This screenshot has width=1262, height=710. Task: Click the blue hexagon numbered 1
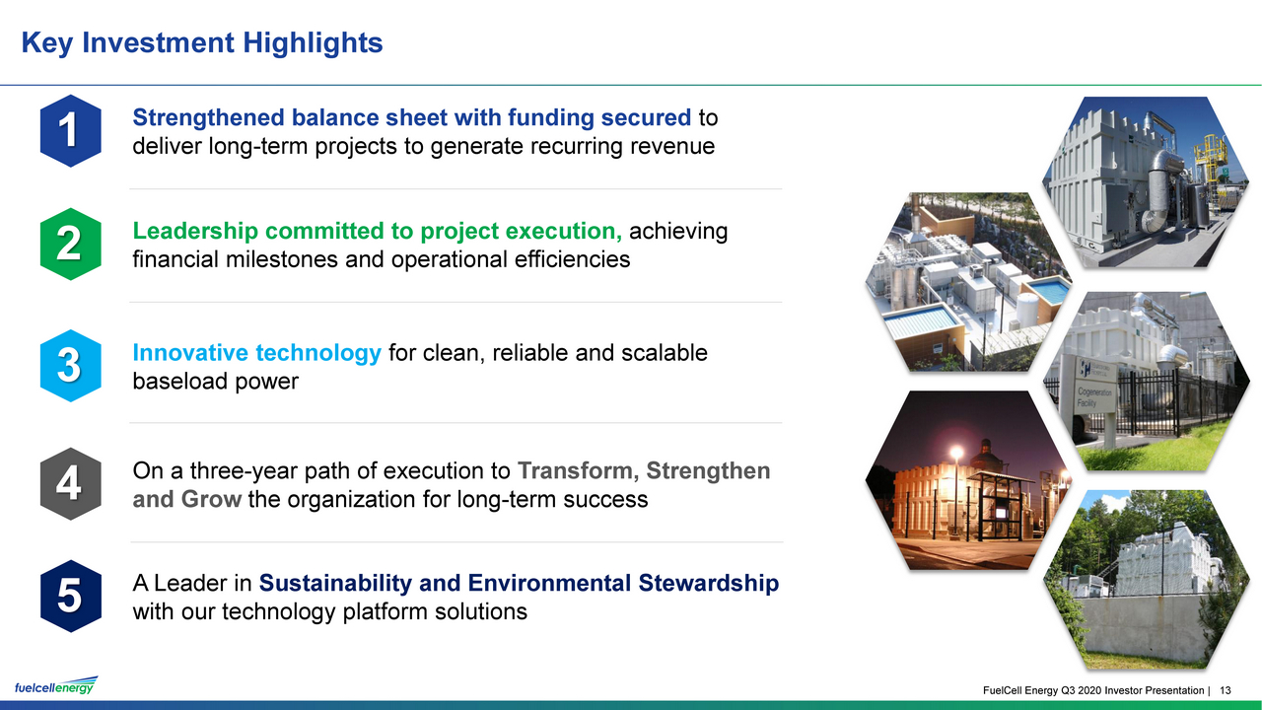point(70,131)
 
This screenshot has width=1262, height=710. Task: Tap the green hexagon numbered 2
point(70,244)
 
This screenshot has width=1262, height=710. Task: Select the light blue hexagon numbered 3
point(70,366)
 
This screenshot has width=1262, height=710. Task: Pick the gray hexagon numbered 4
point(70,483)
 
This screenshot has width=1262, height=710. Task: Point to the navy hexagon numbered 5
point(70,597)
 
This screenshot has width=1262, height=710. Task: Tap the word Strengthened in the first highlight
point(208,118)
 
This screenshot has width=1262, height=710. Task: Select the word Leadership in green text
point(195,232)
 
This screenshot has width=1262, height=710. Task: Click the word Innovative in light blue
point(191,353)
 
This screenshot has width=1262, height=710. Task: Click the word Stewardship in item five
point(708,583)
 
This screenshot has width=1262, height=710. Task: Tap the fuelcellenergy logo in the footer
point(56,685)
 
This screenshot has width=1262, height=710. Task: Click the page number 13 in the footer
point(1225,690)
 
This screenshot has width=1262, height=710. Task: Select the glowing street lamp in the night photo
point(956,452)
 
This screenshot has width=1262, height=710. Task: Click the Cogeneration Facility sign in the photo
point(1093,388)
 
